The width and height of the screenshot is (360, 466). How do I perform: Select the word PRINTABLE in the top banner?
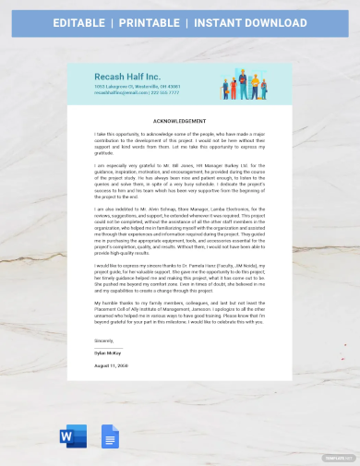coord(162,21)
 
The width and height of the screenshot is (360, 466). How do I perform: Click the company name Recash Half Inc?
coord(126,75)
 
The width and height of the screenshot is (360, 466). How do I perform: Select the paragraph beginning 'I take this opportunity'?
coord(179,143)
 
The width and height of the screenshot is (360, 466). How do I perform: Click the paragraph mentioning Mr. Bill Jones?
coord(179,181)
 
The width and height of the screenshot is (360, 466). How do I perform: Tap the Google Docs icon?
coord(107,436)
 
